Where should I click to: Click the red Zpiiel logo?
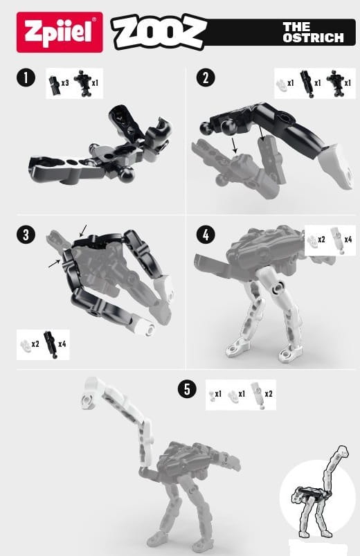tap(60, 33)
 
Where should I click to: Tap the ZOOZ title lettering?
tap(159, 32)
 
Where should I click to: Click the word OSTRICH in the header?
tap(313, 38)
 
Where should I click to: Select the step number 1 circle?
tap(26, 78)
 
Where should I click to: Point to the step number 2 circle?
tap(206, 78)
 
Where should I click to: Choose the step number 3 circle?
tap(26, 235)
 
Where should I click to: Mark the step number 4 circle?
tap(206, 235)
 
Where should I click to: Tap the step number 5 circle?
tap(187, 389)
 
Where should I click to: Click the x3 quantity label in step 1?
tap(65, 83)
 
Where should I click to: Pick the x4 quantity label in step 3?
tap(62, 343)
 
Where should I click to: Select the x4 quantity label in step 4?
tap(348, 240)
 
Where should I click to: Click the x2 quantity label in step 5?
tap(269, 393)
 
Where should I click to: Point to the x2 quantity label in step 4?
tap(322, 240)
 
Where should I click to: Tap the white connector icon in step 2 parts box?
tap(281, 84)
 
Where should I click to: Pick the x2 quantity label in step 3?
tap(35, 343)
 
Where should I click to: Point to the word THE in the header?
tap(296, 27)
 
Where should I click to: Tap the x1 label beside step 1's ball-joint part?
tap(95, 83)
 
